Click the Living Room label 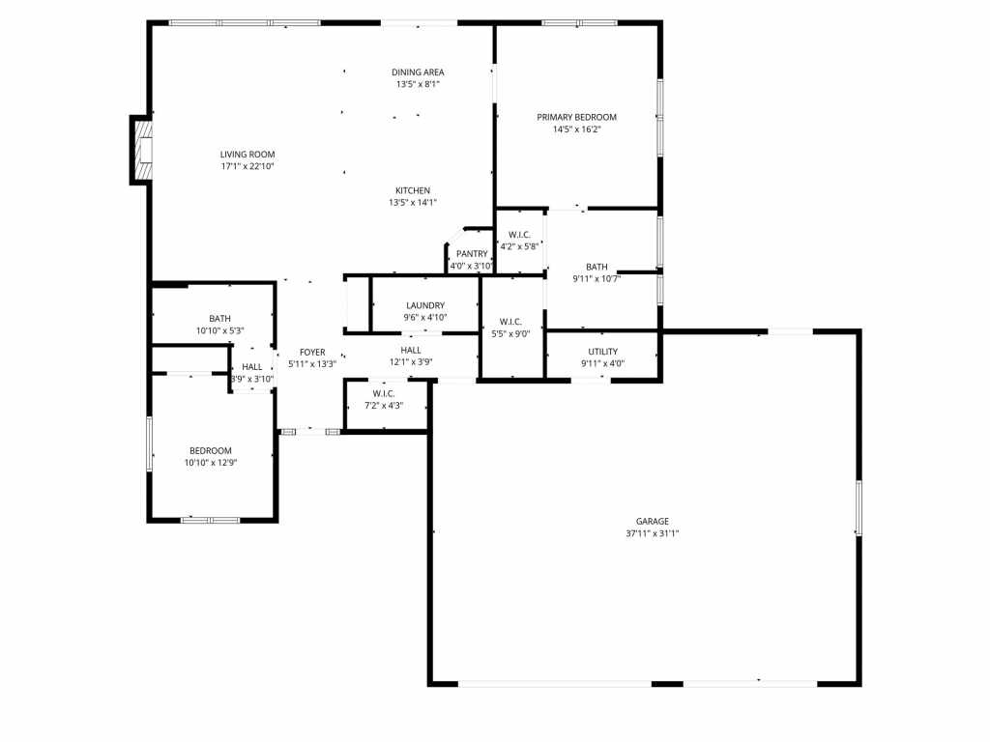point(247,154)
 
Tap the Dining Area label point(418,72)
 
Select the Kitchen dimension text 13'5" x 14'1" point(413,203)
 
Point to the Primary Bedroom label point(576,117)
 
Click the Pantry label point(472,254)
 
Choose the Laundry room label point(425,305)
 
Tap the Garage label point(653,521)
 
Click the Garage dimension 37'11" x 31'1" point(653,533)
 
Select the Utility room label point(603,352)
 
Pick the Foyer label point(312,352)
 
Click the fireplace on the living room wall point(141,150)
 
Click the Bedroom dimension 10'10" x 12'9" point(211,463)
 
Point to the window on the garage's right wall point(859,508)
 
